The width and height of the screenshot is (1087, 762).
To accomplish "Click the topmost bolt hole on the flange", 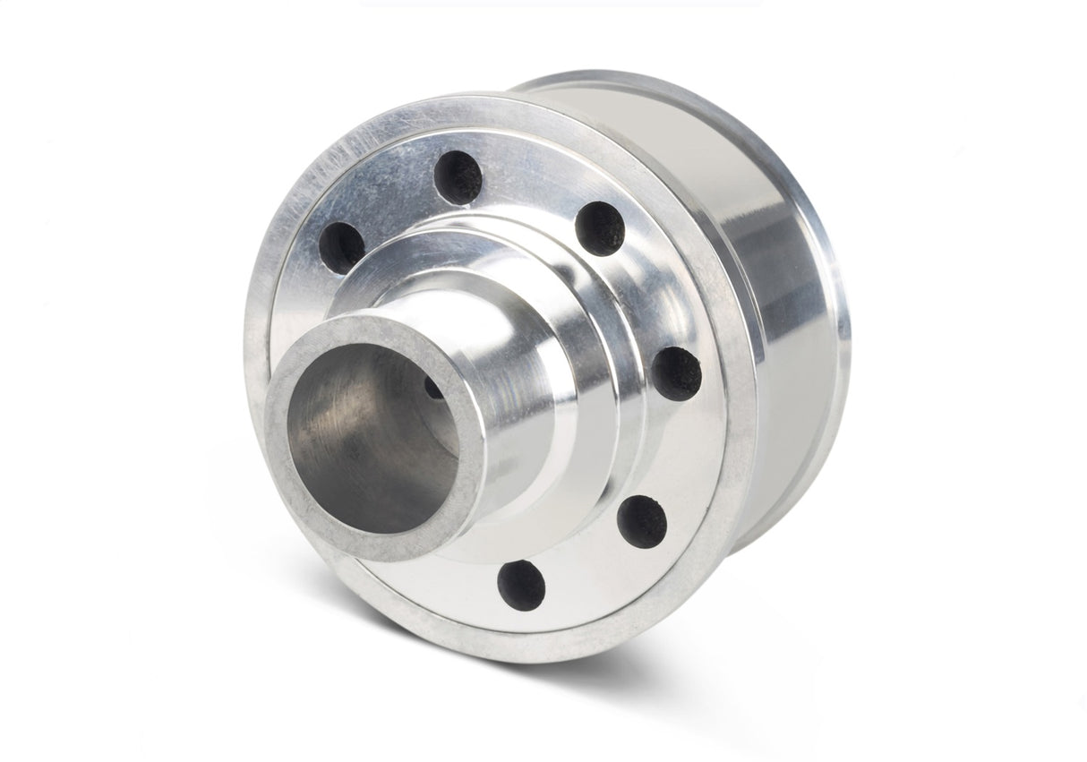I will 458,176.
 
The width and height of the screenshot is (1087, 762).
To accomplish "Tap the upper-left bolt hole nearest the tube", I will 342,247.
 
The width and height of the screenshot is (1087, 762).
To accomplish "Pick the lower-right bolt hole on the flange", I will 642,520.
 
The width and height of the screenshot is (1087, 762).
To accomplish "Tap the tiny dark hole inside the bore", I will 432,389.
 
